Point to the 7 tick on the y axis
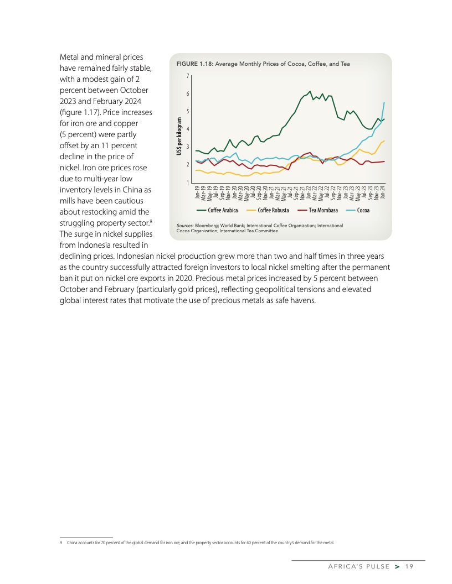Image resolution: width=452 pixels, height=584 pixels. (188, 76)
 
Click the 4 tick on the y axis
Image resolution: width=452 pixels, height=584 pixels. (188, 129)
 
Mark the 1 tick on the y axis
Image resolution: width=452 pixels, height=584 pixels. (188, 182)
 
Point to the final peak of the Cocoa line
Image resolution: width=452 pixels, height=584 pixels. (384, 102)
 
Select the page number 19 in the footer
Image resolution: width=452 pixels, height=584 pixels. (409, 566)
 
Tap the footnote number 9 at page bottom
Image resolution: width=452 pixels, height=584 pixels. (61, 543)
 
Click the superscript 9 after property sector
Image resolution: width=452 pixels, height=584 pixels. (151, 221)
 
